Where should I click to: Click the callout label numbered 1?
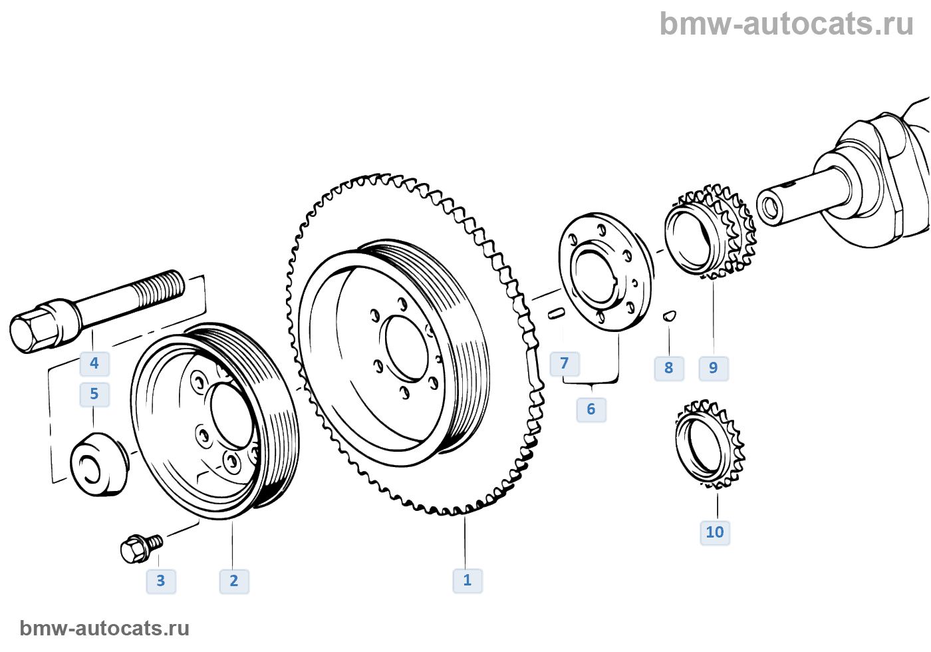pyautogui.click(x=467, y=580)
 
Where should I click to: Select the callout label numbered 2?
pyautogui.click(x=234, y=581)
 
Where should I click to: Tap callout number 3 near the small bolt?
pyautogui.click(x=161, y=581)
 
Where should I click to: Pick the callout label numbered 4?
pyautogui.click(x=94, y=363)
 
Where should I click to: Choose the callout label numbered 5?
pyautogui.click(x=94, y=394)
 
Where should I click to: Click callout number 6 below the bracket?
pyautogui.click(x=591, y=409)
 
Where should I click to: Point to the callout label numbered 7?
pyautogui.click(x=565, y=363)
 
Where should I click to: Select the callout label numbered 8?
pyautogui.click(x=669, y=368)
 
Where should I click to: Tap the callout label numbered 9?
pyautogui.click(x=714, y=368)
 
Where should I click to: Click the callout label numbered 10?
pyautogui.click(x=715, y=532)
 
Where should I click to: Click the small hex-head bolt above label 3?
pyautogui.click(x=138, y=548)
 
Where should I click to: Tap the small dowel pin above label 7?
pyautogui.click(x=557, y=312)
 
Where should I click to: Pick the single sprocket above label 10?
pyautogui.click(x=709, y=442)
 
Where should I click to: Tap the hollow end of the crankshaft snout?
pyautogui.click(x=770, y=208)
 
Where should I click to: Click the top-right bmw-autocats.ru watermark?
pyautogui.click(x=786, y=24)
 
